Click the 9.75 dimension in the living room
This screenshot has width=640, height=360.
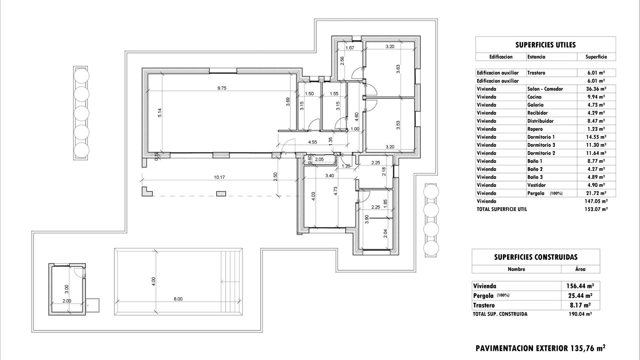point(222,88)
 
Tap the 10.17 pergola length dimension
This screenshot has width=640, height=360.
point(219,177)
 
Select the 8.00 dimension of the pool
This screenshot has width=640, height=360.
point(178,299)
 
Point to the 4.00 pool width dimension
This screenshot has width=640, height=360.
point(153,281)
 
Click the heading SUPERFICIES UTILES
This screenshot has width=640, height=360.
point(545,45)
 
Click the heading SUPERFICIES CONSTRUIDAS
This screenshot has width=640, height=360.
point(536,257)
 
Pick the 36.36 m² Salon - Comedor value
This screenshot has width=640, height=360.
point(596,89)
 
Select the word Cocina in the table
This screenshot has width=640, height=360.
point(534,97)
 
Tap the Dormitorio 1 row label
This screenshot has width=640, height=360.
point(541,137)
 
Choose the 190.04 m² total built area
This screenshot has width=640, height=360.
point(580,314)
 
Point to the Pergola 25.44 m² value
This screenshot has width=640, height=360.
point(580,296)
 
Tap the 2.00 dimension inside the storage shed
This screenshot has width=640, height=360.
point(67,301)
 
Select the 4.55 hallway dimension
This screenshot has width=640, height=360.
point(312,142)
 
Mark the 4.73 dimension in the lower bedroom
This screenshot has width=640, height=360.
point(336,191)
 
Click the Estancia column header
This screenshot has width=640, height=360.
point(536,57)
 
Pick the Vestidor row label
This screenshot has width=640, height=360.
point(536,185)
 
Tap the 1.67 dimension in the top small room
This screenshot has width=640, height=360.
point(350,48)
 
